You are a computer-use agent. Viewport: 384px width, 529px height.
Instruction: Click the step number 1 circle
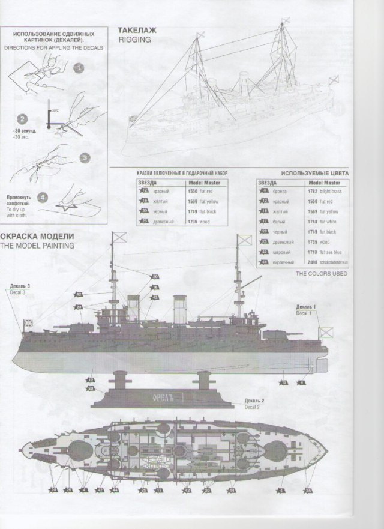pyautogui.click(x=77, y=68)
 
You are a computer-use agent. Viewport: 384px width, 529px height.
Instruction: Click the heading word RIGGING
pyautogui.click(x=131, y=40)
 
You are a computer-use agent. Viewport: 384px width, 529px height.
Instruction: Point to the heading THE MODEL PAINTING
pyautogui.click(x=37, y=246)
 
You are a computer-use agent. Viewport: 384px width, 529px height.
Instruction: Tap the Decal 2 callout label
pyautogui.click(x=254, y=404)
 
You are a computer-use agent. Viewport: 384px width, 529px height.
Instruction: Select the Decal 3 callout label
pyautogui.click(x=19, y=288)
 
